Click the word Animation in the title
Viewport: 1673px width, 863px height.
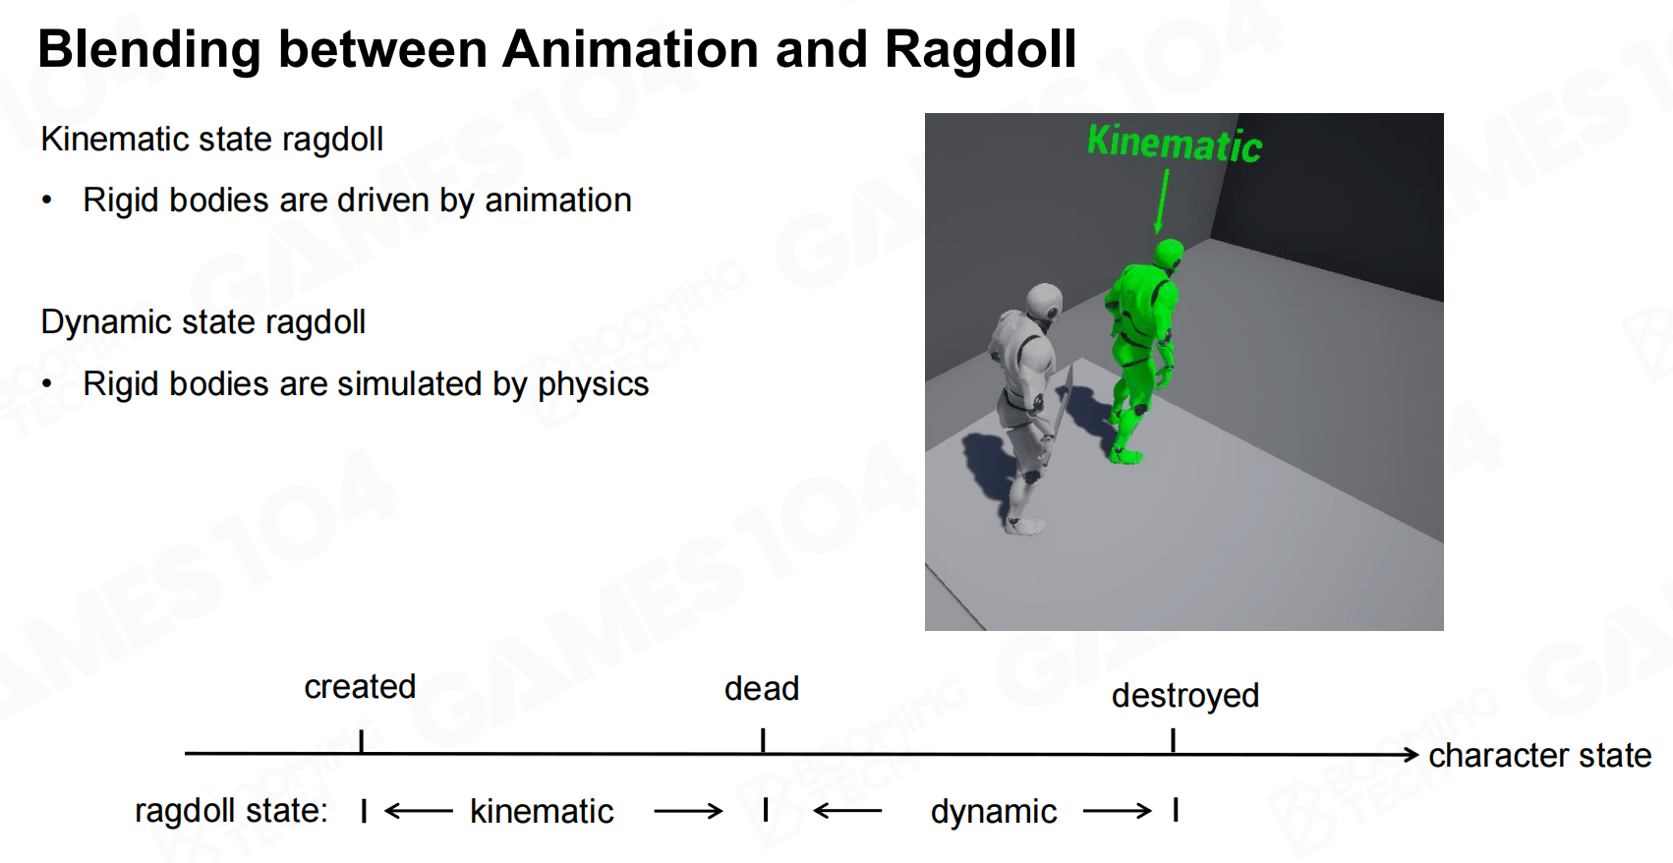click(630, 49)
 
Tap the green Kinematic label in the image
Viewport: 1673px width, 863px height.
click(1174, 143)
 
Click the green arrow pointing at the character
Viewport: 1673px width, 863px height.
click(1162, 201)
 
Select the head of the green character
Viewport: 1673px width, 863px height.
click(1168, 255)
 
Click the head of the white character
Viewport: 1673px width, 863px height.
click(1043, 305)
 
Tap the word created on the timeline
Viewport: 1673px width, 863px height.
click(360, 687)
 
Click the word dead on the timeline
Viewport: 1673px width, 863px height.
click(762, 688)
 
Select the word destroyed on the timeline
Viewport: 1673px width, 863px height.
click(1185, 696)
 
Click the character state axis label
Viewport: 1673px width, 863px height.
click(1540, 756)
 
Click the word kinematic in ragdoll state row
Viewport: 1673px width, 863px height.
click(542, 812)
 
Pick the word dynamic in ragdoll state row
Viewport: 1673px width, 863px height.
click(994, 812)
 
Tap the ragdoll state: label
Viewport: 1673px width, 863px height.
click(232, 811)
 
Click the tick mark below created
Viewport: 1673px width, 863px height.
click(362, 741)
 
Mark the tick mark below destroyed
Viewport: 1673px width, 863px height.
click(1174, 740)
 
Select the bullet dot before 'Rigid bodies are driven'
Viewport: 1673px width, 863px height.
click(47, 201)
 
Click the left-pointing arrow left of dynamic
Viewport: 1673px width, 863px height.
click(847, 811)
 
